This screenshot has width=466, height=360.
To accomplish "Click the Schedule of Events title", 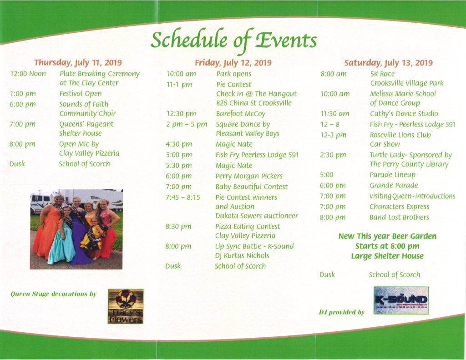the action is click(233, 41).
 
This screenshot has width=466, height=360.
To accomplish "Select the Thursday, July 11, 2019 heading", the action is click(78, 63).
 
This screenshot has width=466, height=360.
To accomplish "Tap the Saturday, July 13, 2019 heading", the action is click(389, 63).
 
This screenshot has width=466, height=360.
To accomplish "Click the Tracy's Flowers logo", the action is click(126, 306).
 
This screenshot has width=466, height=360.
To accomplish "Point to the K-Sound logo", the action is click(401, 300).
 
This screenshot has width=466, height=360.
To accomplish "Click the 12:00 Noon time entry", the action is click(28, 74).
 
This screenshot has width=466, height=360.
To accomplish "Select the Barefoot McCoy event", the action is click(241, 114).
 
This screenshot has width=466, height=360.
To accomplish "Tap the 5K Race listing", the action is click(382, 74).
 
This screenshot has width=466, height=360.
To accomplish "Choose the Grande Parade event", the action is click(394, 186).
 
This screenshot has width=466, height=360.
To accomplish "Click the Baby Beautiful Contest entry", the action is click(251, 187).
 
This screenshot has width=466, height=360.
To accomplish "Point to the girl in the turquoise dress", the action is click(62, 235).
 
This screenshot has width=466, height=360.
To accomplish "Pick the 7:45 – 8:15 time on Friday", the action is click(183, 198).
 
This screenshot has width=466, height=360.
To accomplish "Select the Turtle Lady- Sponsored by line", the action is click(411, 155).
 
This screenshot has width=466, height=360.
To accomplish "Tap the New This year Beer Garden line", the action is click(387, 236).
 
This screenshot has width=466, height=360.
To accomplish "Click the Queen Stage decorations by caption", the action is click(54, 294).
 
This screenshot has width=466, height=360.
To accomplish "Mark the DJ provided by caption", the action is click(342, 312).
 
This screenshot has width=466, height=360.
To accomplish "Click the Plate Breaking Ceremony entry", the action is click(100, 74).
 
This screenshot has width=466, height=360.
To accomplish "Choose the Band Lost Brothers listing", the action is click(399, 217).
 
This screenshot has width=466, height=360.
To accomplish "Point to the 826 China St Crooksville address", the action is click(254, 103).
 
